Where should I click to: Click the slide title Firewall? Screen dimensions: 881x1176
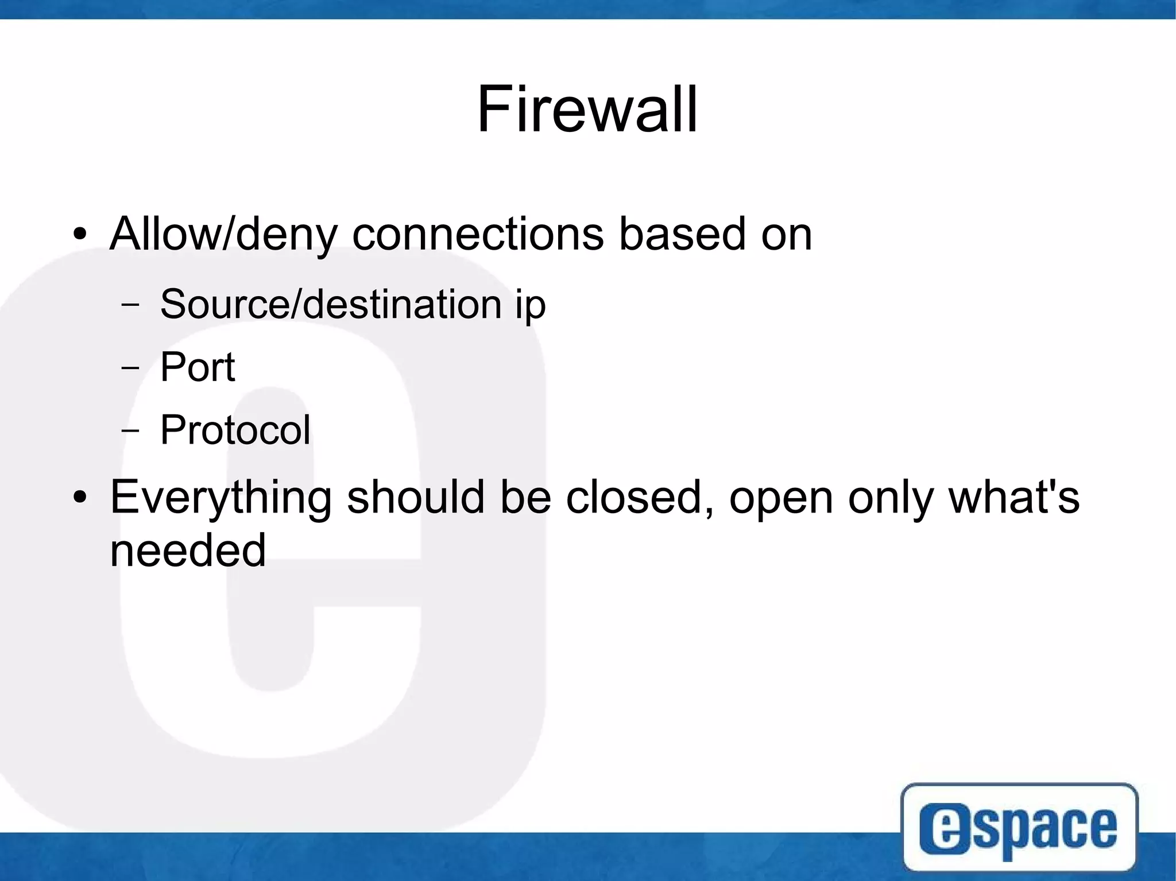(x=587, y=109)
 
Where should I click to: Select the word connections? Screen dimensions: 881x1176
(x=478, y=234)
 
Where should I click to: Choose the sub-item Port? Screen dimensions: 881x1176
(x=198, y=367)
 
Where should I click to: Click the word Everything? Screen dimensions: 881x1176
(x=220, y=498)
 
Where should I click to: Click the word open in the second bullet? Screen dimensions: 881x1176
(x=781, y=499)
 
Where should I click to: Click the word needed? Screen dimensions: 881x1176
(x=188, y=550)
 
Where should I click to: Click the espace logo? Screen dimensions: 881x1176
(x=1019, y=826)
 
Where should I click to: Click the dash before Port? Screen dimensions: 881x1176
(x=130, y=367)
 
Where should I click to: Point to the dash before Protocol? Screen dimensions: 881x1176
(x=130, y=430)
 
